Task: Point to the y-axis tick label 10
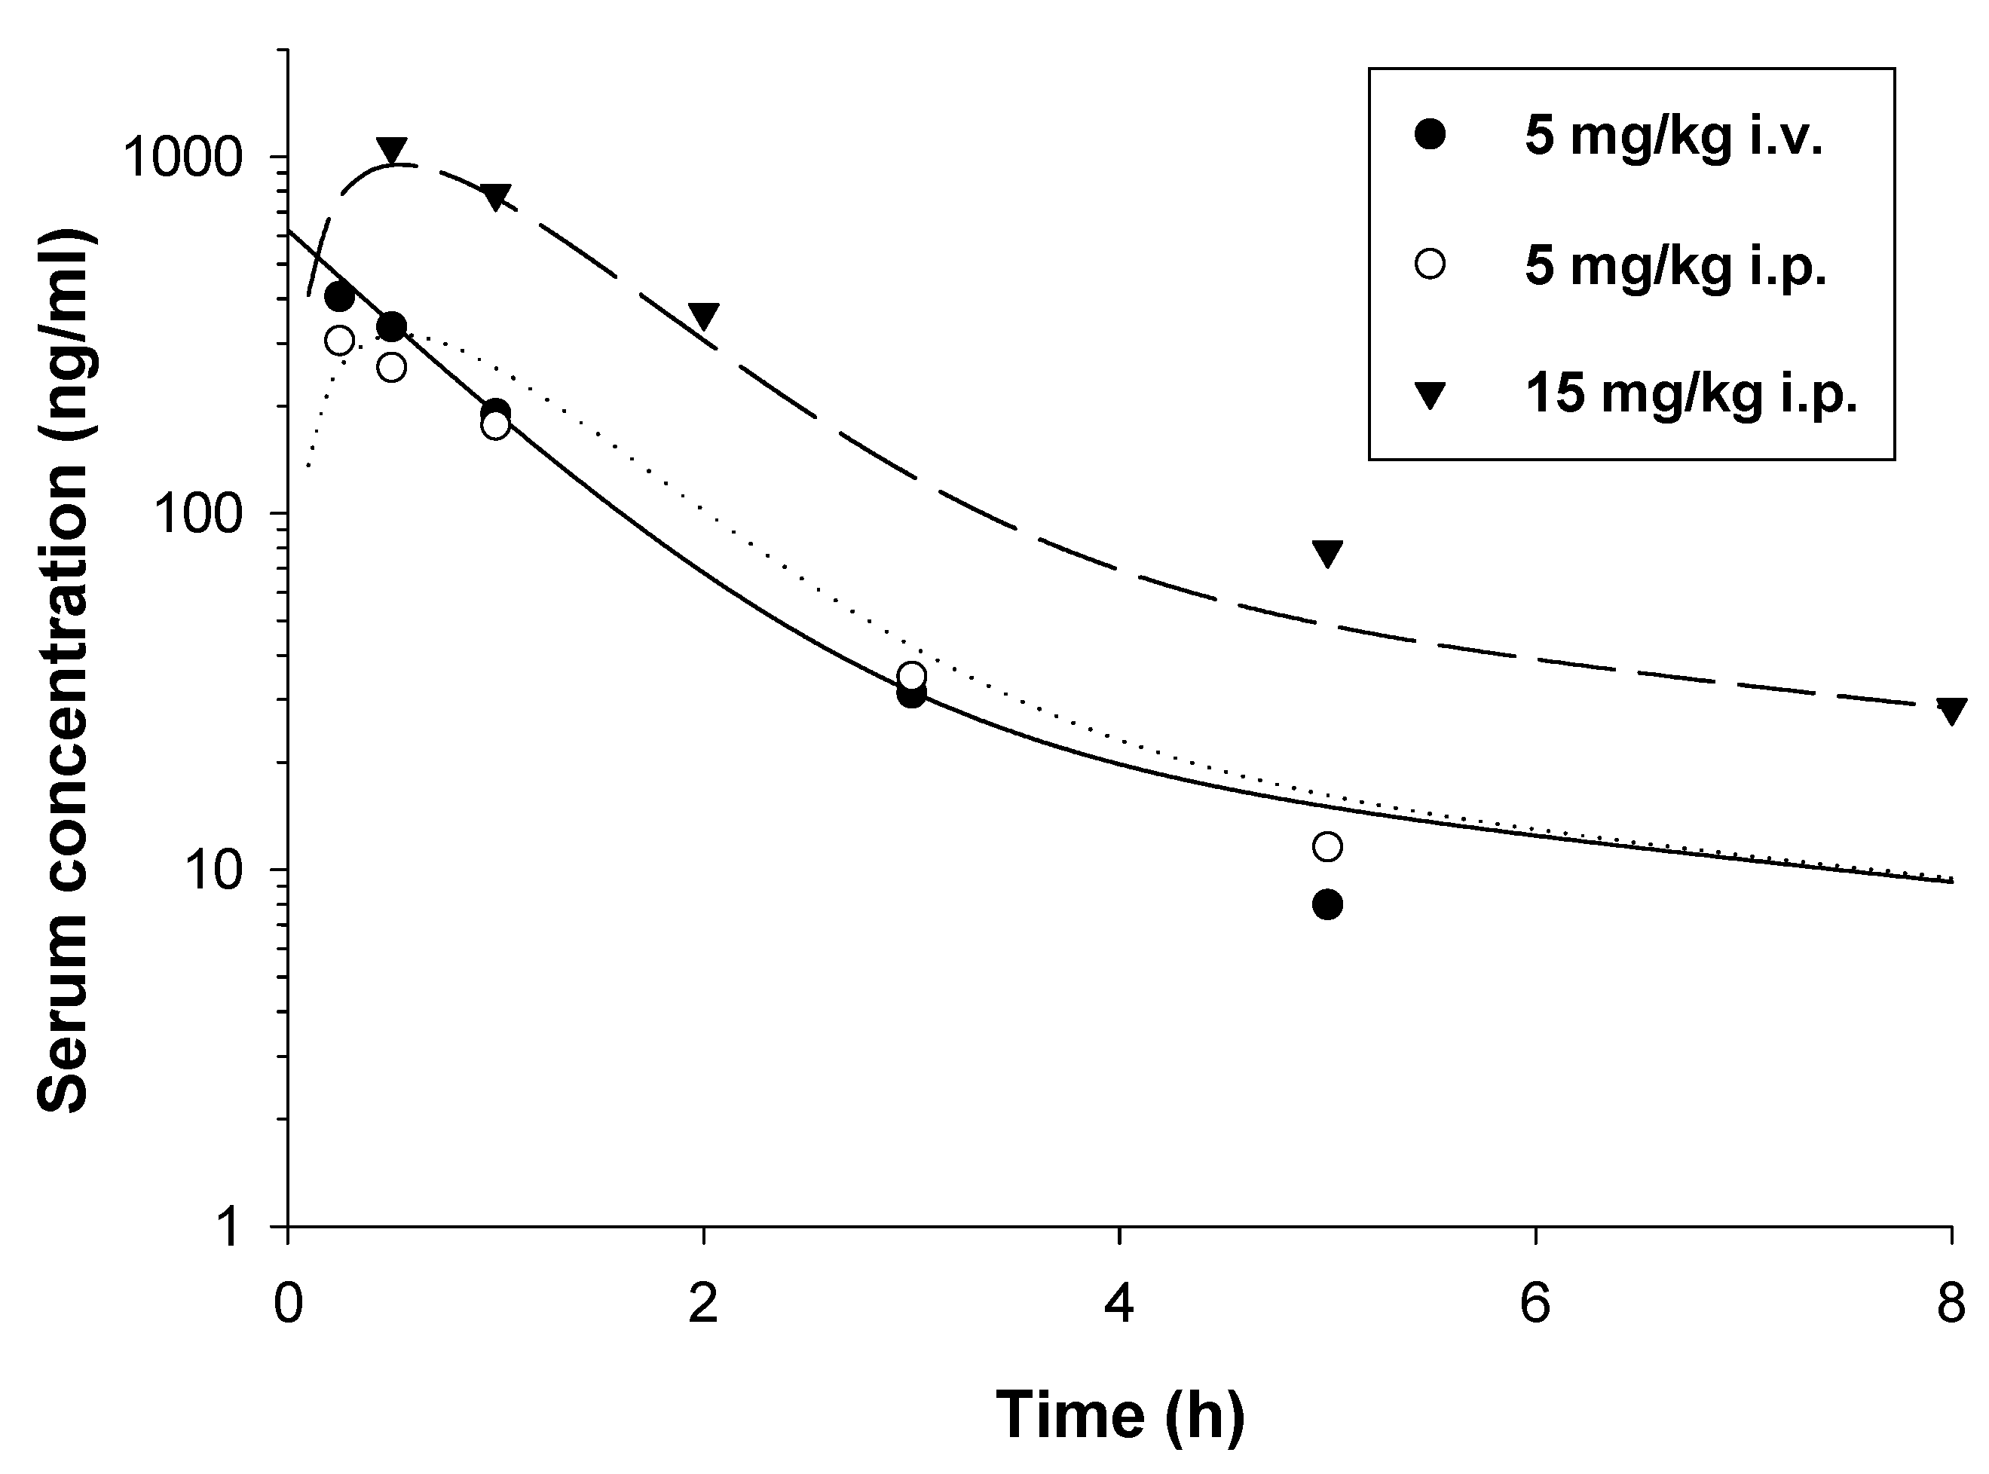[214, 872]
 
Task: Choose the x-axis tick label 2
[703, 1305]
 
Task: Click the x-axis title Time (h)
[1119, 1415]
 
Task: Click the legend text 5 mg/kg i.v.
[1673, 136]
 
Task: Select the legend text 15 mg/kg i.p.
[1691, 393]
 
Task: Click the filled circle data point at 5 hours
[1327, 906]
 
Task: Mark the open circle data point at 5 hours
[1327, 846]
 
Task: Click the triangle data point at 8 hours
[1951, 710]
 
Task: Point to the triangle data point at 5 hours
[1327, 552]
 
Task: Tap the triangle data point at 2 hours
[703, 315]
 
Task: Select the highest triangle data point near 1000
[391, 149]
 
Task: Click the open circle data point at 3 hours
[911, 675]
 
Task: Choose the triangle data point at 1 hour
[495, 196]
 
